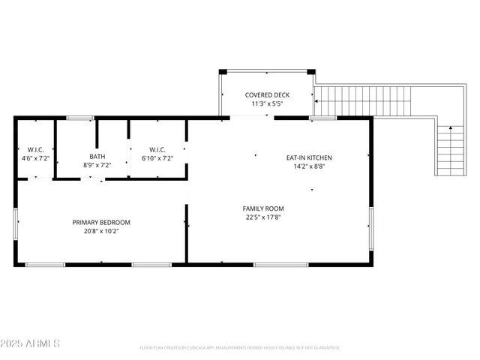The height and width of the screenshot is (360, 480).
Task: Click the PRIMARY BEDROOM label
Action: pyautogui.click(x=101, y=222)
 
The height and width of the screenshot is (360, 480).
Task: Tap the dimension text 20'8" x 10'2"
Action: pyautogui.click(x=101, y=231)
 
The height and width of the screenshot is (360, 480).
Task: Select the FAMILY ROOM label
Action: pyautogui.click(x=263, y=208)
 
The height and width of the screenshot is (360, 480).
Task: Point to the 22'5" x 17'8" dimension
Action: pyautogui.click(x=263, y=217)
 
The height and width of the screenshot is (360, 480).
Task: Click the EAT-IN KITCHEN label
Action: pyautogui.click(x=309, y=157)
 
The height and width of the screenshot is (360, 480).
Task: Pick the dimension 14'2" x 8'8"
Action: pyautogui.click(x=309, y=166)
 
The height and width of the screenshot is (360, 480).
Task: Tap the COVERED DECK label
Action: pyautogui.click(x=268, y=94)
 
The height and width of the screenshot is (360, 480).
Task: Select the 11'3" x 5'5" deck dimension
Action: pyautogui.click(x=268, y=103)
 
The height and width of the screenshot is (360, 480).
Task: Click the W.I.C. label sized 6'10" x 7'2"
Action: pyautogui.click(x=157, y=149)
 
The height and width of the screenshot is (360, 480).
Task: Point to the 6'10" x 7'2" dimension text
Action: pyautogui.click(x=157, y=158)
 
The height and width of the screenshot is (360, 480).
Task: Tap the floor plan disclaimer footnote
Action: pyautogui.click(x=239, y=348)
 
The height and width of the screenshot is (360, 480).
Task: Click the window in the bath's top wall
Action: pyautogui.click(x=80, y=118)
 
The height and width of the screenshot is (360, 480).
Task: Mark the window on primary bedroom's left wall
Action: pyautogui.click(x=16, y=223)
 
